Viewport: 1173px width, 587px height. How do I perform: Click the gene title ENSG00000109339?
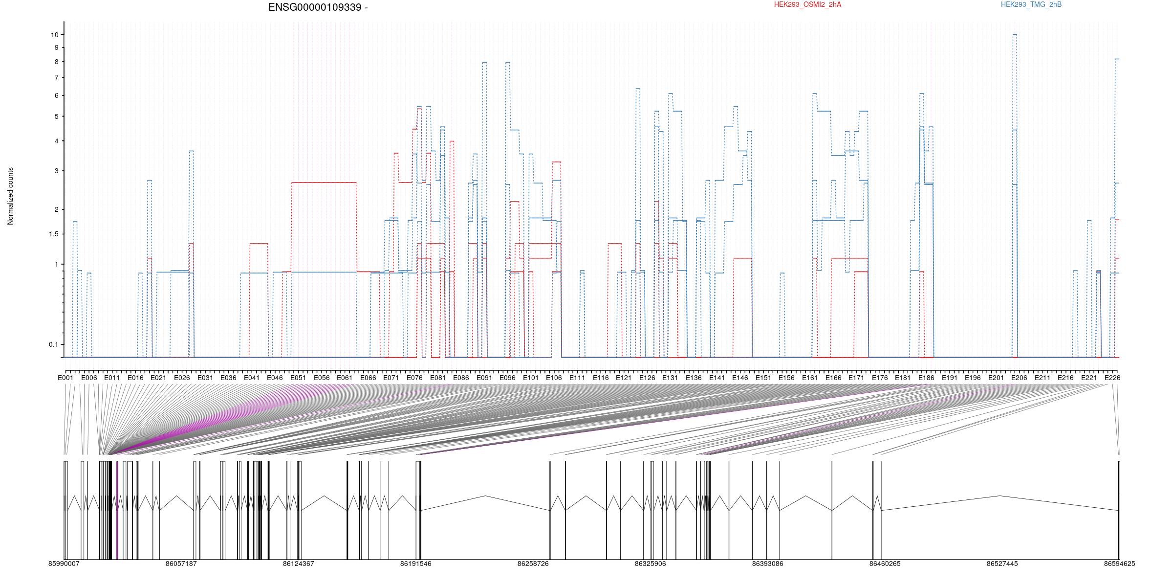[x=315, y=7]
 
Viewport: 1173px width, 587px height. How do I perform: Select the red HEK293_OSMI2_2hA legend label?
[x=808, y=4]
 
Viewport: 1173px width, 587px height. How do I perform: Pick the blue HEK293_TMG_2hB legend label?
[x=1031, y=4]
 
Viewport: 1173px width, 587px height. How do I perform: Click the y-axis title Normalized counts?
[x=10, y=196]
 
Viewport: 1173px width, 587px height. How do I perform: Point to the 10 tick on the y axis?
[x=54, y=35]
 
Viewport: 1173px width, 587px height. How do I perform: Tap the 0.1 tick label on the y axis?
[x=53, y=344]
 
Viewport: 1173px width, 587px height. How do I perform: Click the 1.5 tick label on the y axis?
[x=53, y=234]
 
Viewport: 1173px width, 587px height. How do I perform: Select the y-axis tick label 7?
[x=56, y=78]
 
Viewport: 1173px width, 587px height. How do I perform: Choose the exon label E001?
[x=65, y=378]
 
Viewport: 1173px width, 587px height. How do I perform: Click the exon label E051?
[x=298, y=378]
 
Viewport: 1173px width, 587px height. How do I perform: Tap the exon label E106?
[x=554, y=378]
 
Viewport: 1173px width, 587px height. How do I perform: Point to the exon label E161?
[x=810, y=378]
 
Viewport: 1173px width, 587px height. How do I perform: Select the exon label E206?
[x=1019, y=378]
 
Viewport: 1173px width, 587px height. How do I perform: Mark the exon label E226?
[x=1112, y=378]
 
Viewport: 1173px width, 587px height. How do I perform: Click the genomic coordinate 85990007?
[x=64, y=564]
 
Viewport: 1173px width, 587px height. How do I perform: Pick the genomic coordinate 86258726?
[x=533, y=564]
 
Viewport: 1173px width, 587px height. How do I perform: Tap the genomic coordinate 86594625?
[x=1119, y=564]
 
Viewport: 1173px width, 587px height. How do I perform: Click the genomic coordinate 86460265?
[x=885, y=564]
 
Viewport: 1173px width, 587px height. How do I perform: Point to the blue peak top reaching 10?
[x=1015, y=35]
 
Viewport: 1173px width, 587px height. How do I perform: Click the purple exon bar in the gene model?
[x=117, y=510]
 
